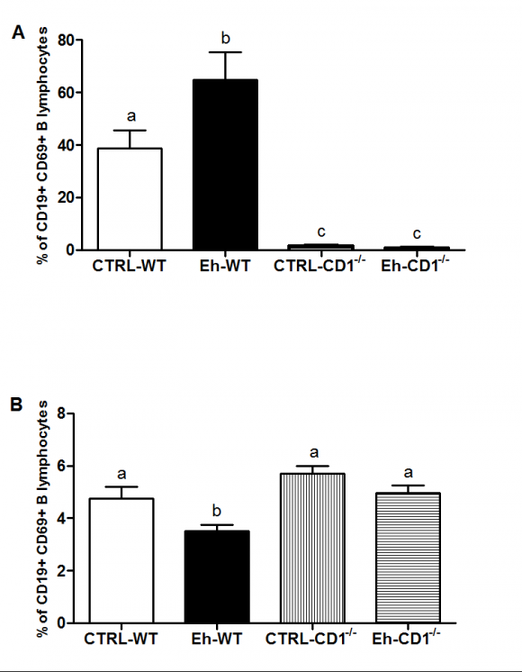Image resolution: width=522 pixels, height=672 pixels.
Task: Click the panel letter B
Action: point(17,404)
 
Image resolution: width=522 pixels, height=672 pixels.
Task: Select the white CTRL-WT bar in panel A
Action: point(130,199)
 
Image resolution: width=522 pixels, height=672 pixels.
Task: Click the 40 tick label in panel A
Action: point(66,145)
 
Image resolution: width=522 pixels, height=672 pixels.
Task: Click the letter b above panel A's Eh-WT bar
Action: point(226,39)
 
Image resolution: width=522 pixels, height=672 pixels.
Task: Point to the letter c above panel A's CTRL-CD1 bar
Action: point(319,232)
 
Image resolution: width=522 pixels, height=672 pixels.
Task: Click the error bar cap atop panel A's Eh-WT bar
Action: point(226,52)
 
